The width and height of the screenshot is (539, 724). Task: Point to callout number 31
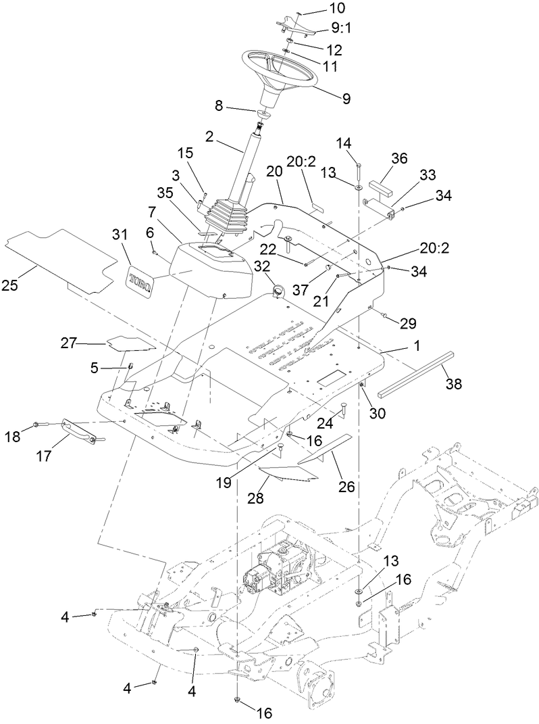120,235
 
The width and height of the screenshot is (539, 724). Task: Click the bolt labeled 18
37,426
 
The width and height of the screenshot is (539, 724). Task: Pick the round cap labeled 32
278,291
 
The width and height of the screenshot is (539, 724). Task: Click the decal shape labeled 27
130,343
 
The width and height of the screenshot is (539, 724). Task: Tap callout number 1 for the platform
417,345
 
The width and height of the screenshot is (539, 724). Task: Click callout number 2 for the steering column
209,135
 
